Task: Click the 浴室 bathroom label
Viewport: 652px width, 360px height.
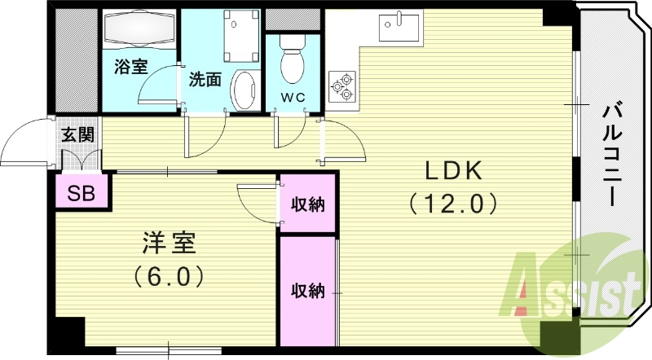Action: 130,68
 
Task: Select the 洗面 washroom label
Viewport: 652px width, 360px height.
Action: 205,80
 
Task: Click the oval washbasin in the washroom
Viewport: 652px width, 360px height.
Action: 242,90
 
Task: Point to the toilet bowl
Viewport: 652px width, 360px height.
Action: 291,60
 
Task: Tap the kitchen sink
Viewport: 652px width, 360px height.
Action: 398,28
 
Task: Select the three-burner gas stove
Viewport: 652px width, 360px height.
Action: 342,86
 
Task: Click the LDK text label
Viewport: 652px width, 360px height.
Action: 453,170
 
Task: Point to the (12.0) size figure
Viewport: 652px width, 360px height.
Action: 453,201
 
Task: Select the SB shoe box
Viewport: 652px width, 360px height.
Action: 80,194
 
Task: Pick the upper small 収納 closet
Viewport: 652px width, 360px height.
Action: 308,204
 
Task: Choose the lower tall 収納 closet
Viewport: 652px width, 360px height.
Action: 308,290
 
